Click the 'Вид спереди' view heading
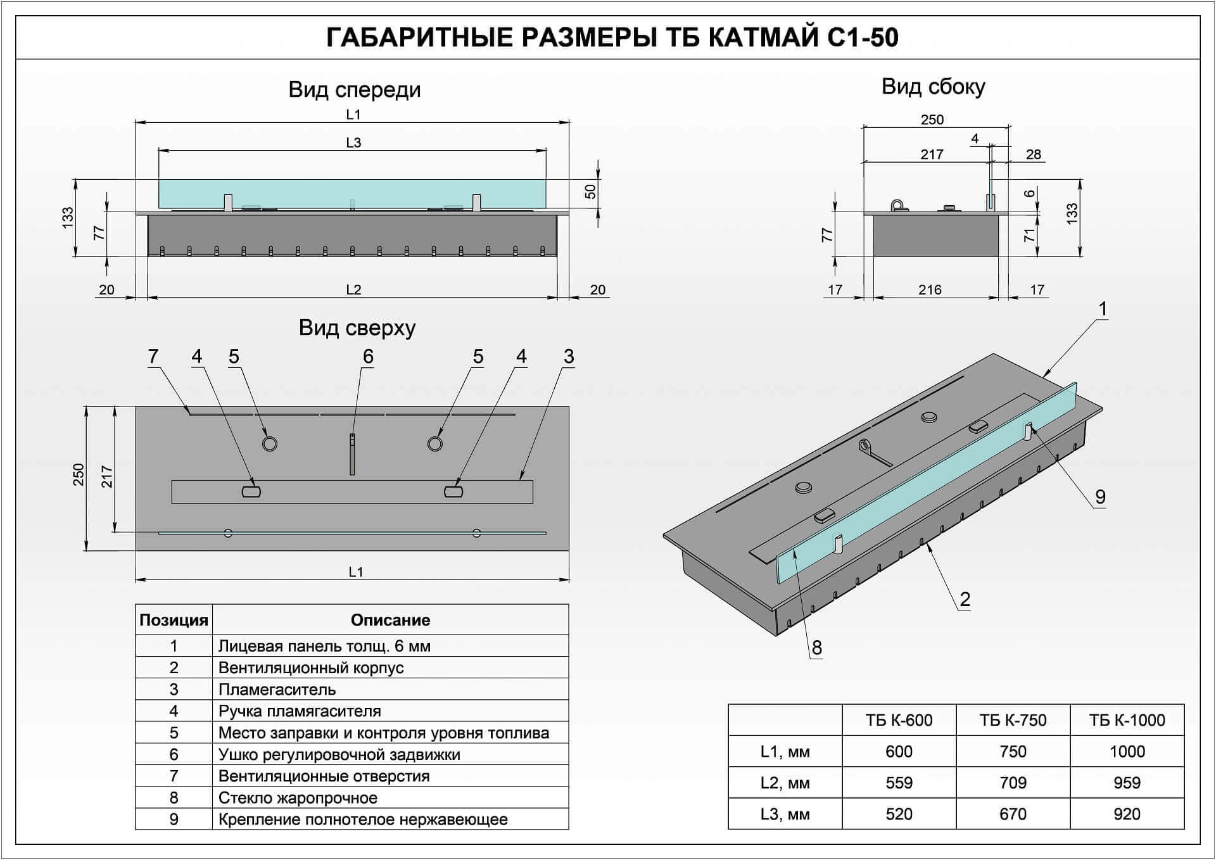355,90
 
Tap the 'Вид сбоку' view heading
933,87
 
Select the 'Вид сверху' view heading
357,328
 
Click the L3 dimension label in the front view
353,142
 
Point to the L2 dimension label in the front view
353,290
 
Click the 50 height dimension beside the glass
590,191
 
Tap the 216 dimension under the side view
930,290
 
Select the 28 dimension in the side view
1034,155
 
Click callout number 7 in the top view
153,357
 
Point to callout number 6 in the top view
368,357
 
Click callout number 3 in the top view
569,357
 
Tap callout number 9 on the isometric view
1100,497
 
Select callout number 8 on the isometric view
816,648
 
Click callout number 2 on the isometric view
965,599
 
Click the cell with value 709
1013,783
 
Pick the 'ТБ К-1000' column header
1127,720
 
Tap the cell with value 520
899,814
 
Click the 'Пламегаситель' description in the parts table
277,689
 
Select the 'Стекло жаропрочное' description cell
390,797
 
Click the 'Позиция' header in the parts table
174,620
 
